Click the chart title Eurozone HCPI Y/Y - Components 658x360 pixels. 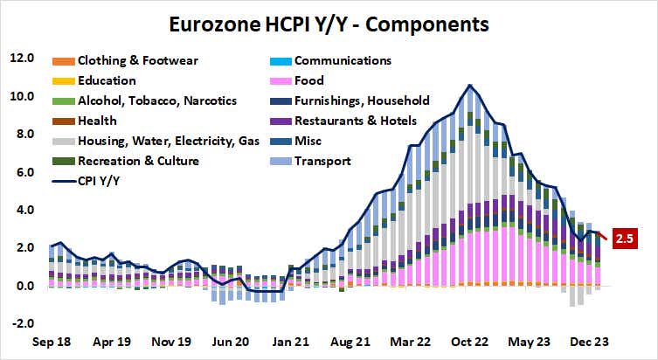coord(328,20)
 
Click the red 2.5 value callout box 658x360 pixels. coord(626,237)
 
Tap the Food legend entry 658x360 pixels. coord(309,80)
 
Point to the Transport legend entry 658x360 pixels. coord(322,161)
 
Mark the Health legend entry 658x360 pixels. coord(97,121)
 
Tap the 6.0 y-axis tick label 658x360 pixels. coord(22,172)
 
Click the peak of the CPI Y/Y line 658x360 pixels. coord(471,86)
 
